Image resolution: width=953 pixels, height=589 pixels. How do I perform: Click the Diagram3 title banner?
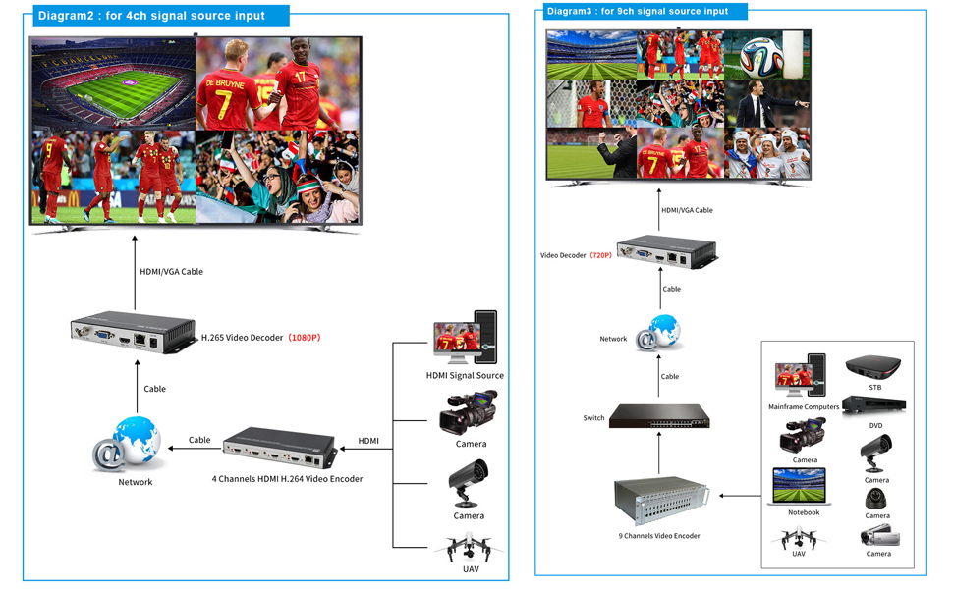(x=645, y=12)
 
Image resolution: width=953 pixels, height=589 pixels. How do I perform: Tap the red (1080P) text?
(x=303, y=338)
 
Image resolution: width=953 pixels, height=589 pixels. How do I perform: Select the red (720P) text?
(x=600, y=255)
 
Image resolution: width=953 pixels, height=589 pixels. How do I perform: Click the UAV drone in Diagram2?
(x=469, y=548)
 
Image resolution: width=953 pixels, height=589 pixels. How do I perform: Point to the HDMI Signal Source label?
(x=465, y=376)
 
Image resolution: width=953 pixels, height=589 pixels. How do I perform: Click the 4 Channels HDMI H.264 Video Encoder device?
(x=280, y=448)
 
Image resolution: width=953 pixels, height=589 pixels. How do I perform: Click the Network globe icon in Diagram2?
(x=131, y=444)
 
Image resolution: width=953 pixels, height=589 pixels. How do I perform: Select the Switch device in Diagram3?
(x=658, y=416)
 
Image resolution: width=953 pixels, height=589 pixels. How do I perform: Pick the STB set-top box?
(x=873, y=369)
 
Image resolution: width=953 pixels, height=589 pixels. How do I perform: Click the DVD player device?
(x=873, y=404)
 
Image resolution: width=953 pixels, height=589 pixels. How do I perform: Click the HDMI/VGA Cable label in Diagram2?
(x=171, y=272)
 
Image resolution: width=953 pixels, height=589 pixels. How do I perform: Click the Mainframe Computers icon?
(x=800, y=377)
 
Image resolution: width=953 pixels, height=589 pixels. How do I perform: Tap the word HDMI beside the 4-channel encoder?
(x=368, y=441)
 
